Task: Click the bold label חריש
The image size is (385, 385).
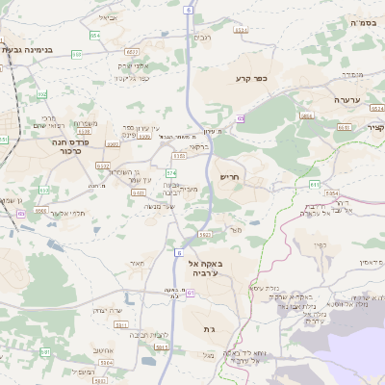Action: click(229, 177)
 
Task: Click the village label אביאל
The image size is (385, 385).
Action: click(108, 17)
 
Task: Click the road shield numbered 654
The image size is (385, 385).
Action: click(95, 35)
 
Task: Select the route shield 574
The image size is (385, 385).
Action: click(171, 172)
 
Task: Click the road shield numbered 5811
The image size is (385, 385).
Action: click(308, 115)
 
